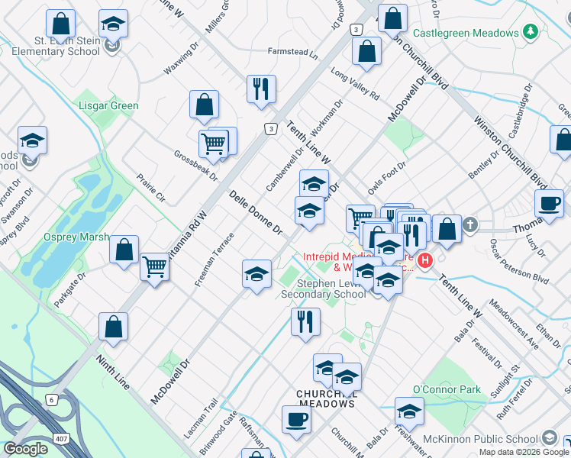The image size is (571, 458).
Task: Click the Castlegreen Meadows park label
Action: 466,32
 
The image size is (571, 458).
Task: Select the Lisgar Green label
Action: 108,106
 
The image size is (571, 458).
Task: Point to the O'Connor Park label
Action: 447,389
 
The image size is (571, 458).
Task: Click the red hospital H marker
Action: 424,260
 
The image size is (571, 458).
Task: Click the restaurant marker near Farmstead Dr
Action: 261,89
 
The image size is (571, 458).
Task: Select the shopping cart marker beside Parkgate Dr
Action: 155,267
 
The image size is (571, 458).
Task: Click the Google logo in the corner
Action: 25,449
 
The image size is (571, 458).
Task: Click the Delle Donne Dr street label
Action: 256,212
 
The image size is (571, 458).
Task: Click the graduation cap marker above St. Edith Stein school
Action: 113,24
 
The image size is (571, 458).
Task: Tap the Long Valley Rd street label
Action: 355,85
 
